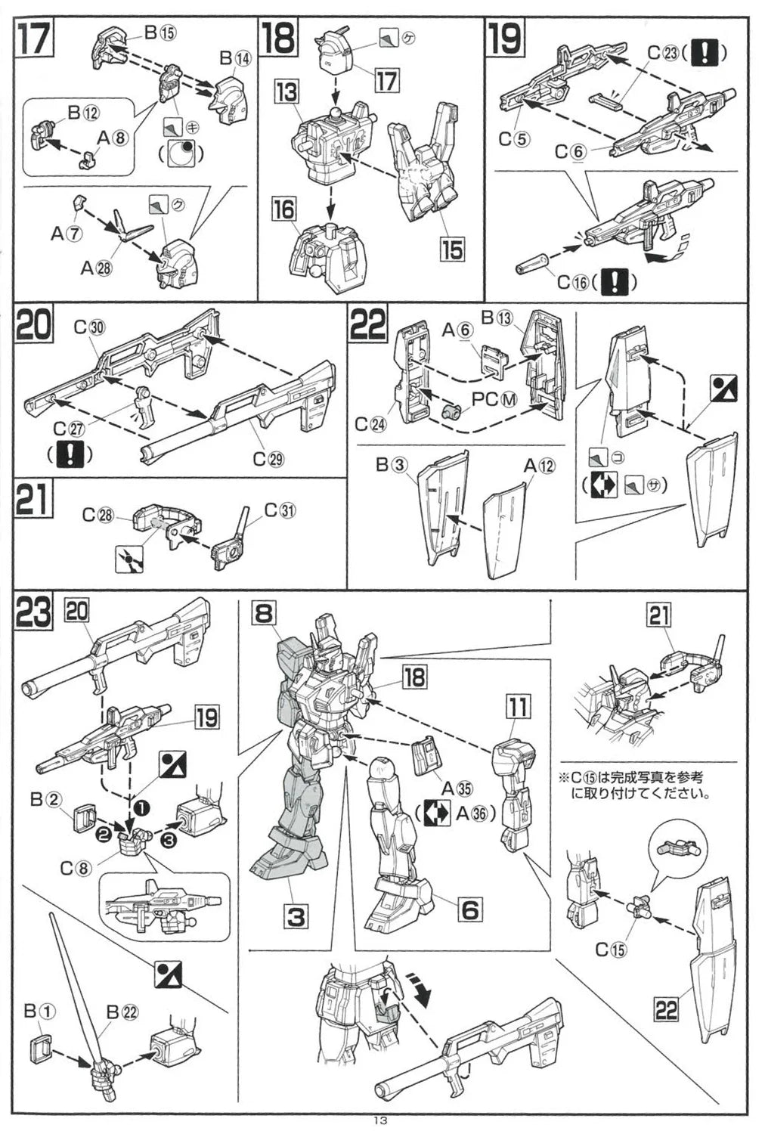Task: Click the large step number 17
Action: [35, 39]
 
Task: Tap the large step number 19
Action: [504, 39]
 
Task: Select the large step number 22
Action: [368, 325]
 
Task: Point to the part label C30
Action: [89, 327]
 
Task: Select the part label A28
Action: [96, 268]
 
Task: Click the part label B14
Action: [234, 58]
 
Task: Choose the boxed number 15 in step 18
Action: [452, 249]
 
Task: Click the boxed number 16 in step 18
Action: [284, 209]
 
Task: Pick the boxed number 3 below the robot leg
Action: [295, 916]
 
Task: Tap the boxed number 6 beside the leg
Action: [469, 909]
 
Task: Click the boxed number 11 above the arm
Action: [518, 708]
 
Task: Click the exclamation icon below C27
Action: [69, 454]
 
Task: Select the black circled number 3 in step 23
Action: [168, 839]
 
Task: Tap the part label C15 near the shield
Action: [611, 950]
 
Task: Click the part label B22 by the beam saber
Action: [122, 1012]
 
